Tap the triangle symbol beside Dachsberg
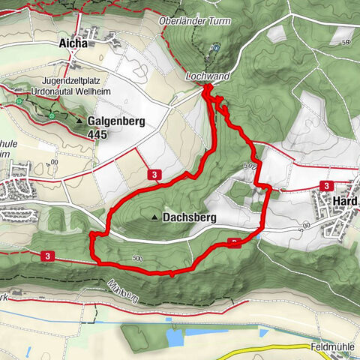[155, 218]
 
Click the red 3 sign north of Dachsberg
[154, 175]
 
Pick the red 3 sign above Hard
[326, 185]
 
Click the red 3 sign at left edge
[48, 256]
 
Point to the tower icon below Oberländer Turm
[215, 47]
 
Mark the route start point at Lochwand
[207, 90]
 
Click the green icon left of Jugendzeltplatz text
[19, 98]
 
